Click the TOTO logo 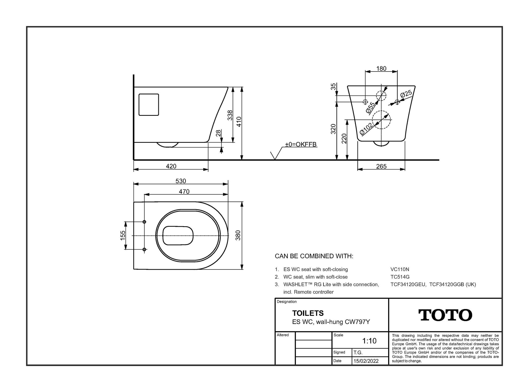(445, 315)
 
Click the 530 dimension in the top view (181, 181)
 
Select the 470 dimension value (184, 191)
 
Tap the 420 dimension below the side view (171, 166)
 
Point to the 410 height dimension (239, 122)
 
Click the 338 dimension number (230, 115)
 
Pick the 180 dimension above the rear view (381, 68)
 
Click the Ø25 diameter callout (406, 94)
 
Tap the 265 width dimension (381, 166)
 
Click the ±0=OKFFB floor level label (301, 144)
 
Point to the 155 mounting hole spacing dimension (123, 235)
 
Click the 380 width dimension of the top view (238, 235)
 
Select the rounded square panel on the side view (149, 104)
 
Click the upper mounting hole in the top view (144, 222)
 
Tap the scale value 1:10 (369, 341)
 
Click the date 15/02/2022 (366, 361)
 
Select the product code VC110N (400, 269)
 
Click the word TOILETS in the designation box (308, 313)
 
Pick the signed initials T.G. (358, 352)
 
